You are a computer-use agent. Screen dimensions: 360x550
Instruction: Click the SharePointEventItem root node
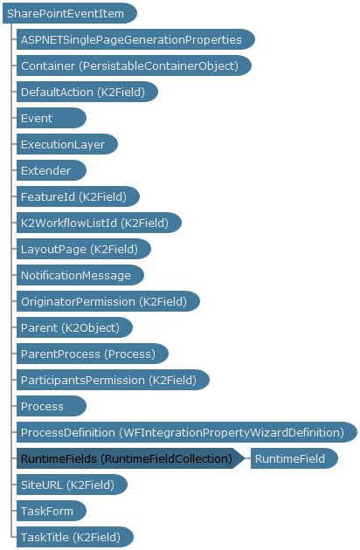pyautogui.click(x=70, y=13)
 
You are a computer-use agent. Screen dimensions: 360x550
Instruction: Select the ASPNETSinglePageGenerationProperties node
pyautogui.click(x=135, y=39)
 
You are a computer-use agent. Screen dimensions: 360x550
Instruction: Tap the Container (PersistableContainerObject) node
pyautogui.click(x=134, y=65)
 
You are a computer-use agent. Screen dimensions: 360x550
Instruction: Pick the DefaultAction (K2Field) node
pyautogui.click(x=87, y=92)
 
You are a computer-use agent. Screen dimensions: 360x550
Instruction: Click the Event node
pyautogui.click(x=52, y=118)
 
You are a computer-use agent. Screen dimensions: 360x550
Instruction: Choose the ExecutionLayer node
pyautogui.click(x=67, y=144)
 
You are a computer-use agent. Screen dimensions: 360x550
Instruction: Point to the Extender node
pyautogui.click(x=52, y=170)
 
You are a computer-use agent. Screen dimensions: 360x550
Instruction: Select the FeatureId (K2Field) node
pyautogui.click(x=78, y=196)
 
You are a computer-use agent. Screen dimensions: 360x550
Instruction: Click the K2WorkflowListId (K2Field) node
pyautogui.click(x=99, y=223)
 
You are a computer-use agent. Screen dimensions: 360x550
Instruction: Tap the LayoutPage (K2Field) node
pyautogui.click(x=84, y=249)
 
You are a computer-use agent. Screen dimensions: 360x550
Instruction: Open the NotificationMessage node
pyautogui.click(x=80, y=275)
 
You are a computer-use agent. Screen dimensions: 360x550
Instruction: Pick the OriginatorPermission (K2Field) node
pyautogui.click(x=108, y=301)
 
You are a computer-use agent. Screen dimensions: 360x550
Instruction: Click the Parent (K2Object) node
pyautogui.click(x=74, y=327)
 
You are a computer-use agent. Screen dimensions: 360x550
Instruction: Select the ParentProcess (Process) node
pyautogui.click(x=93, y=354)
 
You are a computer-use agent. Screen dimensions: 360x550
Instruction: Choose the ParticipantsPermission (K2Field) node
pyautogui.click(x=113, y=380)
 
